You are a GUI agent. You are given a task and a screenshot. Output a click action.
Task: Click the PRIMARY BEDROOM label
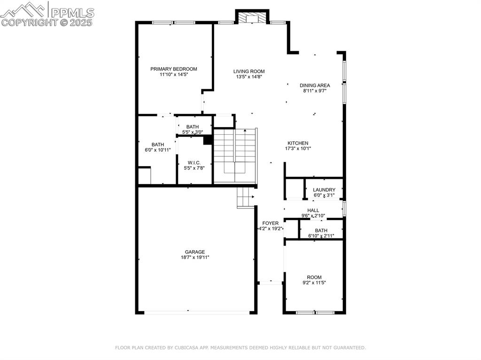[174, 69]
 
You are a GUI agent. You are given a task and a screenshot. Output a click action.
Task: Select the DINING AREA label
[315, 85]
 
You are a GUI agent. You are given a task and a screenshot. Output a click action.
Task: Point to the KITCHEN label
[298, 143]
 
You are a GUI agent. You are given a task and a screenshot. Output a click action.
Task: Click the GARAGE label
[194, 252]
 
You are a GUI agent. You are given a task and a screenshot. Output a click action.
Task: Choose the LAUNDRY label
[324, 190]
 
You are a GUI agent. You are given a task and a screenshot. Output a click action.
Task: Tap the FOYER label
[271, 223]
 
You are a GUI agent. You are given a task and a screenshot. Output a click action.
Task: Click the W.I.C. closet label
[194, 162]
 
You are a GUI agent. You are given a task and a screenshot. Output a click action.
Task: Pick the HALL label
[313, 210]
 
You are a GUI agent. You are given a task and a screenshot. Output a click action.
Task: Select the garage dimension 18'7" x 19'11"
[195, 257]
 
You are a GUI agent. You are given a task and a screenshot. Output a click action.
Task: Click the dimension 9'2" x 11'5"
[315, 283]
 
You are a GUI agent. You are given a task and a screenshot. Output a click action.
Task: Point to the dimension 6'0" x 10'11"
[158, 150]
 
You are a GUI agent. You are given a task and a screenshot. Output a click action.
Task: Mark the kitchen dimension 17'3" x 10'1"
[298, 148]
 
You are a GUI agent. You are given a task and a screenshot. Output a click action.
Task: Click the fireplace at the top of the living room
[251, 18]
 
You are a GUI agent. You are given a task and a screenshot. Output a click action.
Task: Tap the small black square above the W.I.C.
[207, 139]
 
